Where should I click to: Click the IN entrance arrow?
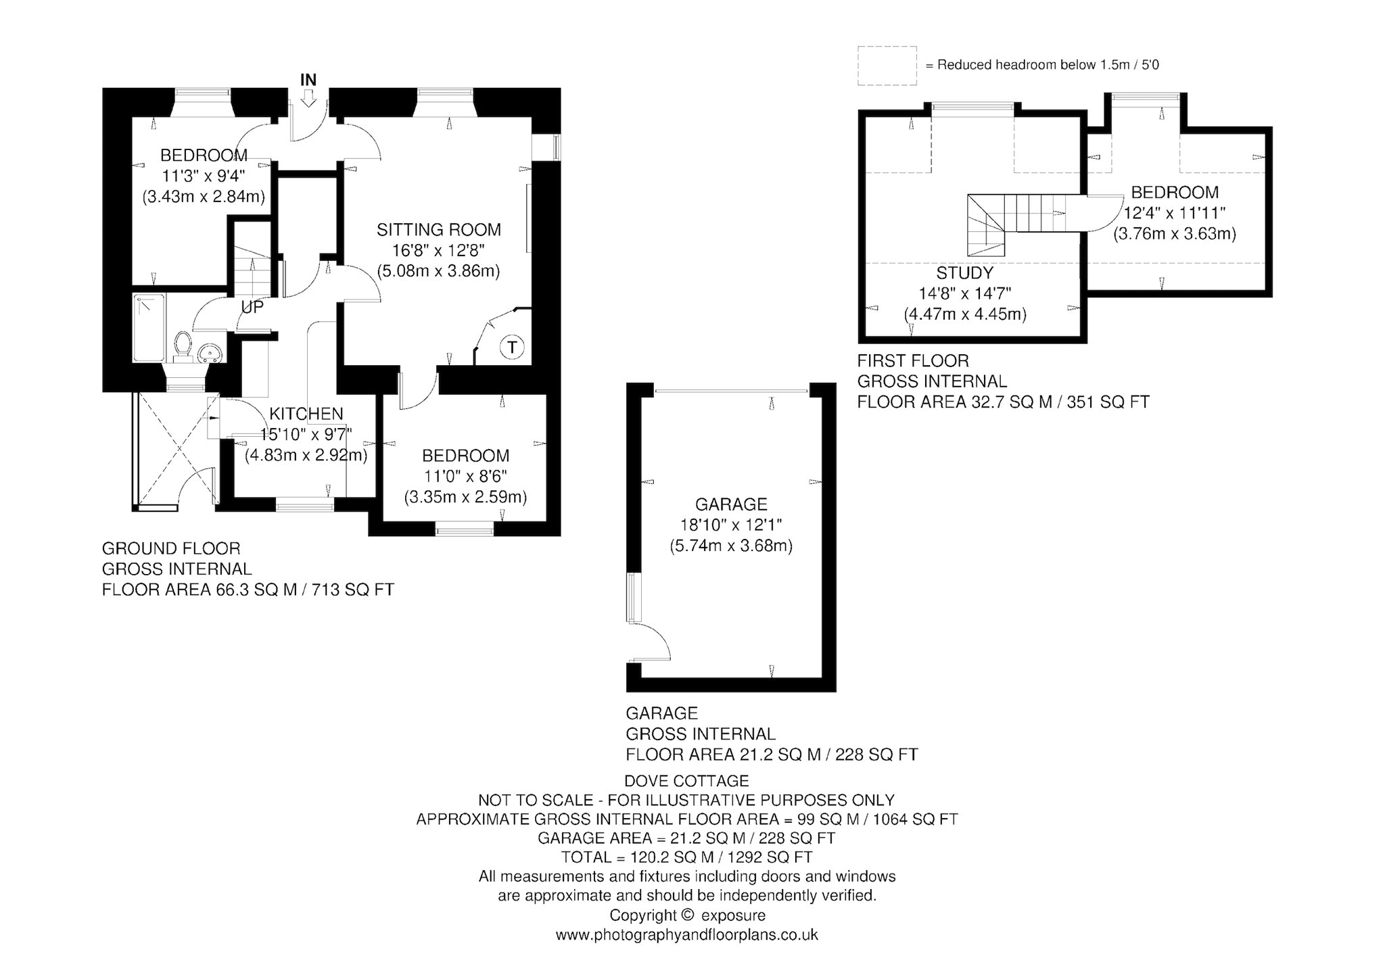(x=308, y=99)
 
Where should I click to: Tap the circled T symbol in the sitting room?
(x=513, y=348)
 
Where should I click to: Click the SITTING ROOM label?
(x=439, y=229)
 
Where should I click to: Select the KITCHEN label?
(x=306, y=414)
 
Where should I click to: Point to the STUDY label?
(x=965, y=273)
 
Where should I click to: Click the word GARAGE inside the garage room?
(x=731, y=504)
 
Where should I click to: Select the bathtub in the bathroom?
(x=149, y=328)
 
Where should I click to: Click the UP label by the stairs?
(x=252, y=307)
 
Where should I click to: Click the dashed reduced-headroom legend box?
(x=887, y=66)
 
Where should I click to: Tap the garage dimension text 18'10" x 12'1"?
(x=731, y=525)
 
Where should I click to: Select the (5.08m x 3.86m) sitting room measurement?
(x=438, y=271)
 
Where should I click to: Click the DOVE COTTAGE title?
(x=686, y=781)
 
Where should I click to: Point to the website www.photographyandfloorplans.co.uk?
(x=687, y=935)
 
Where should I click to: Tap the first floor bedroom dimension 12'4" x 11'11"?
(x=1175, y=213)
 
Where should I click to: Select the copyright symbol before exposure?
(x=687, y=915)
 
